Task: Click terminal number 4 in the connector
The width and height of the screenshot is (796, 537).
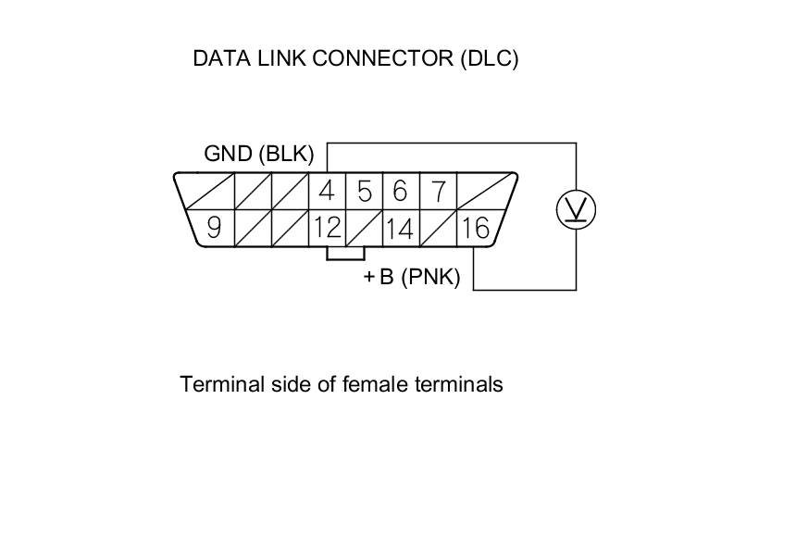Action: [326, 192]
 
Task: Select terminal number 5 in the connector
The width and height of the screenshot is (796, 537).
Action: [364, 192]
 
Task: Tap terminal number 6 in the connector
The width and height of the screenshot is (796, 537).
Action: [400, 192]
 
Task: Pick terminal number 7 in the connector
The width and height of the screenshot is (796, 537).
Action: [438, 192]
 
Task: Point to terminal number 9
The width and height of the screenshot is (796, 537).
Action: [214, 228]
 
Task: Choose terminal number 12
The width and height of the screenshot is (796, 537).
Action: [326, 228]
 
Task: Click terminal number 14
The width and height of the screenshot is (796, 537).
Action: [400, 228]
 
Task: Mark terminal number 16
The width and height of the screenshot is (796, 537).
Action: [476, 228]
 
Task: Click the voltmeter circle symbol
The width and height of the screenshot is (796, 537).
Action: [576, 210]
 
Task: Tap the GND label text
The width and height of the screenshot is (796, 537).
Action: [229, 154]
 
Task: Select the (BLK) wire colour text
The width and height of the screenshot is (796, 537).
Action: [286, 154]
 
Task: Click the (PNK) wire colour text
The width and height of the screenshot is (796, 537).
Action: [430, 277]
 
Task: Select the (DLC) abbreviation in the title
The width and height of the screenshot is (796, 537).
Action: [489, 58]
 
